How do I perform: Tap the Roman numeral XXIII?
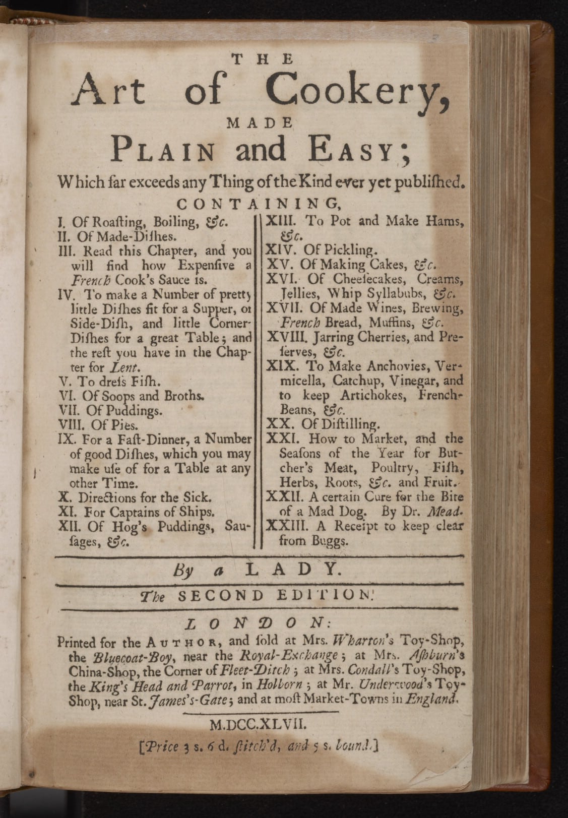(286, 526)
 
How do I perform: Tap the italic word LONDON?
(257, 624)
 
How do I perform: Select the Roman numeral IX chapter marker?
(67, 438)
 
